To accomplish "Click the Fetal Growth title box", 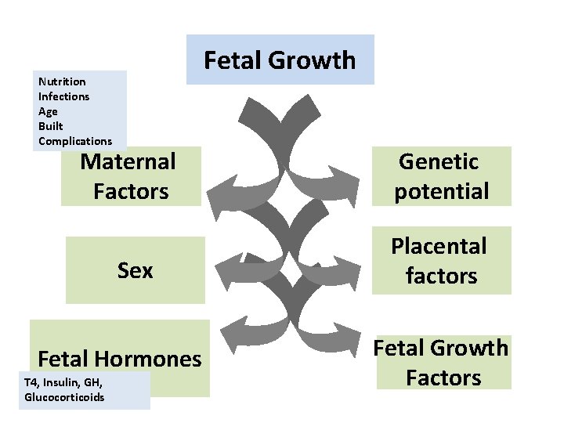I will (280, 60).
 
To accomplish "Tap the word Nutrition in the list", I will (62, 81).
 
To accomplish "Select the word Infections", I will (63, 96).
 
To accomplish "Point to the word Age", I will (48, 111).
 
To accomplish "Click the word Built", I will (50, 126).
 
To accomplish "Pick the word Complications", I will (75, 141).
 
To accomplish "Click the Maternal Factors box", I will (130, 177).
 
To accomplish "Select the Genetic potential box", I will (441, 176).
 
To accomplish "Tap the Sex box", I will (135, 270).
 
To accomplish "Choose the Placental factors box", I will (441, 261).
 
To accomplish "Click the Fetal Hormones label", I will (119, 359).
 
